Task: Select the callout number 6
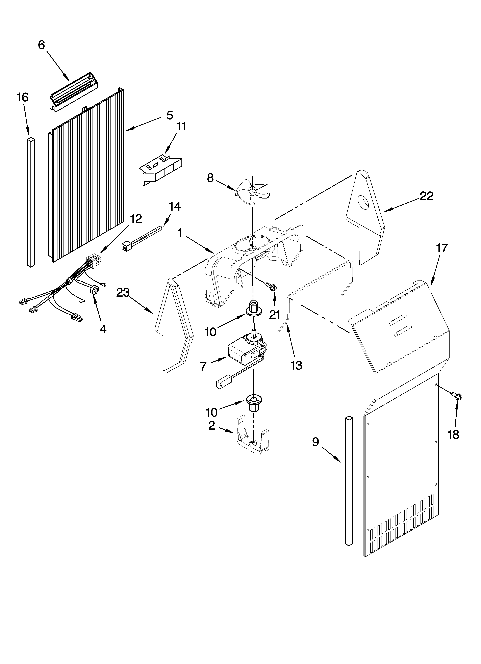pos(42,45)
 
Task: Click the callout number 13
pos(296,365)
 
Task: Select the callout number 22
pos(426,196)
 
